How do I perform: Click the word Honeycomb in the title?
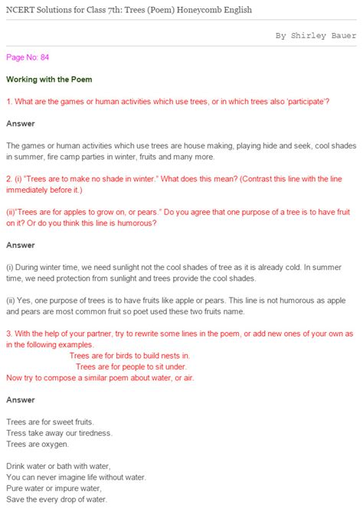tap(200, 10)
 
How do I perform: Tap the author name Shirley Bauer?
tap(324, 36)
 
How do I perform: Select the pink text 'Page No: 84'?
tap(28, 57)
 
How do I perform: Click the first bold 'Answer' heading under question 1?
tap(21, 122)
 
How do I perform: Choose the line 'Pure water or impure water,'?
tap(53, 488)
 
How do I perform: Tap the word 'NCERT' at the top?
tap(21, 10)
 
